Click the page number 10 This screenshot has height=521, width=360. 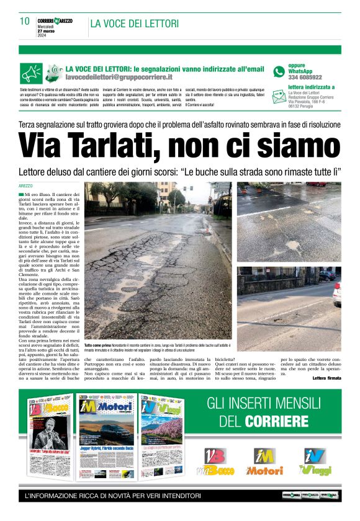coord(25,22)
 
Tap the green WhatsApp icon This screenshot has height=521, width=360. coord(279,71)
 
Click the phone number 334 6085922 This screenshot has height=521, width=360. coord(305,78)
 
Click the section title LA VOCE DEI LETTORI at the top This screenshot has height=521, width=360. coord(135,24)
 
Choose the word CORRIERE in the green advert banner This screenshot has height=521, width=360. coord(277,422)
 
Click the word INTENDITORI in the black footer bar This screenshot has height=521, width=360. coord(178,496)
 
